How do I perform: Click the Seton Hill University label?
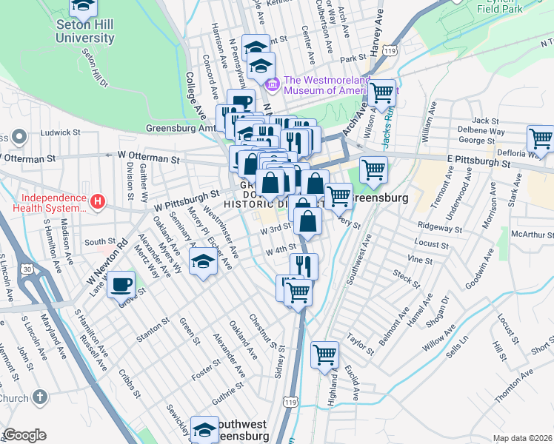[84, 31]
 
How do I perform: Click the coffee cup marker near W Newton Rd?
[121, 284]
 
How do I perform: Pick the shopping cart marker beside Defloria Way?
[541, 138]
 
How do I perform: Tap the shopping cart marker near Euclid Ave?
[324, 354]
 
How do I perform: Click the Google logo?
[24, 435]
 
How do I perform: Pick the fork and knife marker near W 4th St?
[304, 265]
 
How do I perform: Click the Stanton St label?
[153, 331]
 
